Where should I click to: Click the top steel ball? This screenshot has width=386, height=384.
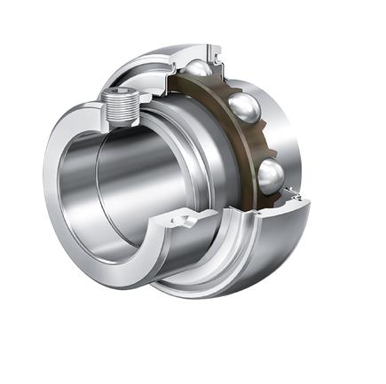coord(200,70)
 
